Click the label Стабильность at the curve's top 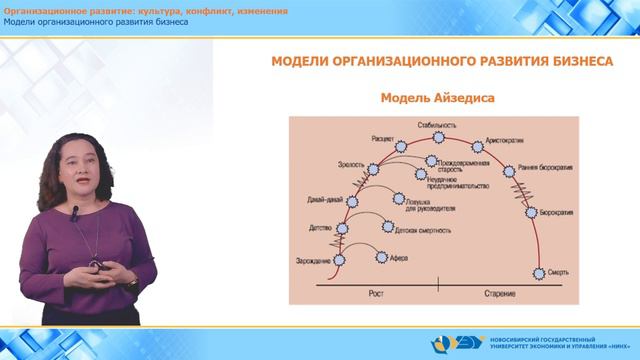point(438,125)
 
